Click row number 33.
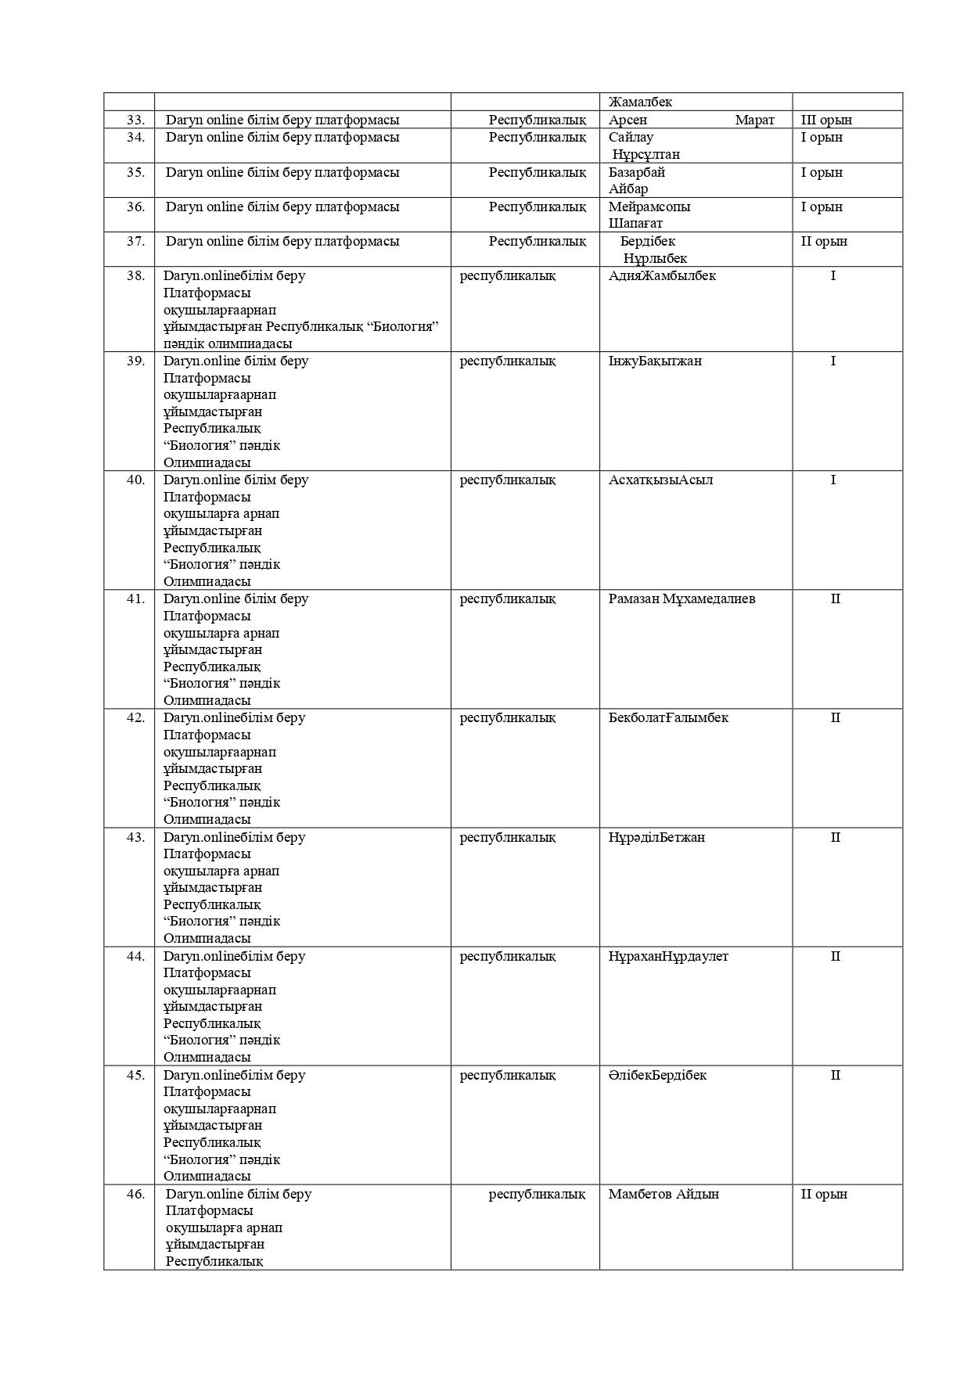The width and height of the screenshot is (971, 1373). click(x=135, y=120)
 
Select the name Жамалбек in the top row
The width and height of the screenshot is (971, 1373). click(x=640, y=102)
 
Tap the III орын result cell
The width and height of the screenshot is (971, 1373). click(x=826, y=120)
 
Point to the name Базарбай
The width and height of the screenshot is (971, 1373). click(x=637, y=172)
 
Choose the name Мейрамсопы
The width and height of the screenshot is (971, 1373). click(x=649, y=207)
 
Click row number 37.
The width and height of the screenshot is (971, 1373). click(x=135, y=241)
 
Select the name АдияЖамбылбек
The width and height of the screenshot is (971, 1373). click(x=662, y=275)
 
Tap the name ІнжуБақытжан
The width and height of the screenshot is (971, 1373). click(x=655, y=361)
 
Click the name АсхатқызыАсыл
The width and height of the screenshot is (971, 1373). click(x=660, y=480)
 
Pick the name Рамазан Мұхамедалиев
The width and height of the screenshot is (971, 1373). click(x=681, y=598)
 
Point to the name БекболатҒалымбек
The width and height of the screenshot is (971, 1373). click(x=668, y=717)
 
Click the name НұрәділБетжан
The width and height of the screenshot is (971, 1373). click(x=656, y=837)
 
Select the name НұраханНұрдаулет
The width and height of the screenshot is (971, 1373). click(x=668, y=956)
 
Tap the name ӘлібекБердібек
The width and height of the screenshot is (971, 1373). click(x=657, y=1075)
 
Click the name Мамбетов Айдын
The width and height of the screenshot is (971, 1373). click(x=664, y=1194)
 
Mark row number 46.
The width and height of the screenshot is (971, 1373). click(x=135, y=1194)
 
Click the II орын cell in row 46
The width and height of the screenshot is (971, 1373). click(x=824, y=1194)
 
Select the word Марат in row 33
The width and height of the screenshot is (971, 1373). click(x=754, y=120)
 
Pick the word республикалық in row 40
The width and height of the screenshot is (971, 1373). click(x=507, y=480)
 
